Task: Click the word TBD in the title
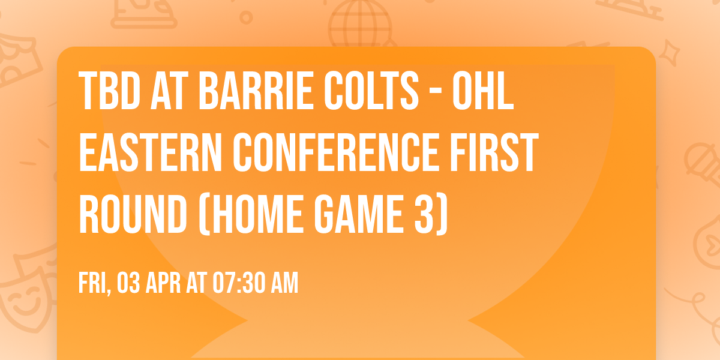tap(109, 91)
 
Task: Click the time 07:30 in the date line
tap(235, 283)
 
